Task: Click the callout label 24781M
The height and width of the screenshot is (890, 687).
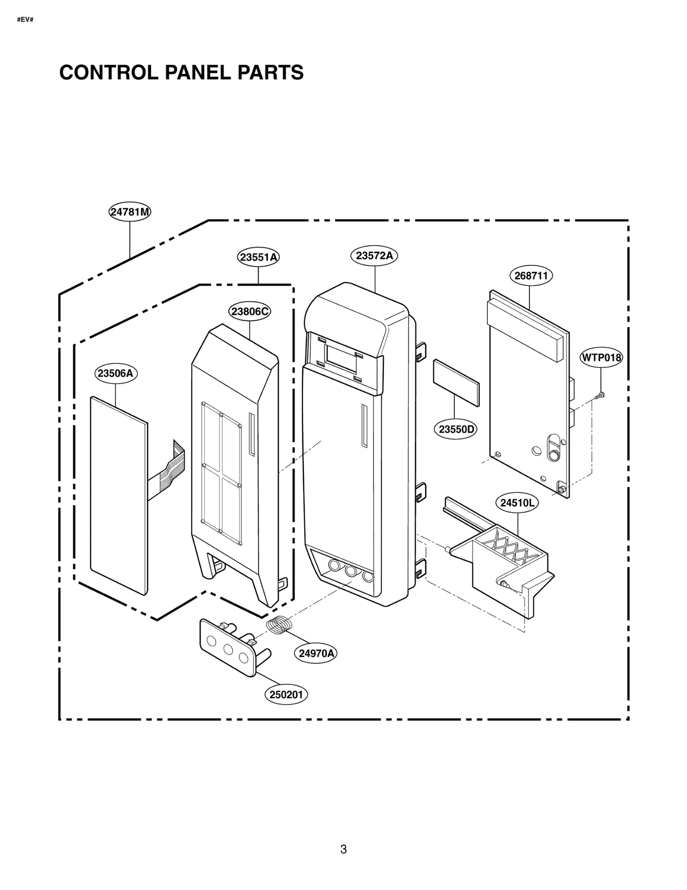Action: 130,212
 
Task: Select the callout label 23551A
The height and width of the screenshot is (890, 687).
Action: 258,257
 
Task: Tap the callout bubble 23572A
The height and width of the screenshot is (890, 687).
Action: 374,255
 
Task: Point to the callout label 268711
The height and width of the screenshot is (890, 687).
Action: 531,276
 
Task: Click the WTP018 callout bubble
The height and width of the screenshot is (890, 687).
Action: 601,357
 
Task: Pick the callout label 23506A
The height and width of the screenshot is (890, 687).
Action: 116,373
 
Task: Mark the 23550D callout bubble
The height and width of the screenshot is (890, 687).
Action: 456,429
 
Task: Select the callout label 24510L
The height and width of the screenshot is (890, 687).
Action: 517,503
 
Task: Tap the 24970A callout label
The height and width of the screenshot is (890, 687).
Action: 316,653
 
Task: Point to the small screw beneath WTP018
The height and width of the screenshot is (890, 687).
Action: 600,395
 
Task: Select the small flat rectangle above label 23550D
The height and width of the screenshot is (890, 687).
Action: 456,383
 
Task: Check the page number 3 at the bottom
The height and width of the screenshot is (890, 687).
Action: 343,849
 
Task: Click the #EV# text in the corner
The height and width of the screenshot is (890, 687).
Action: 25,20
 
